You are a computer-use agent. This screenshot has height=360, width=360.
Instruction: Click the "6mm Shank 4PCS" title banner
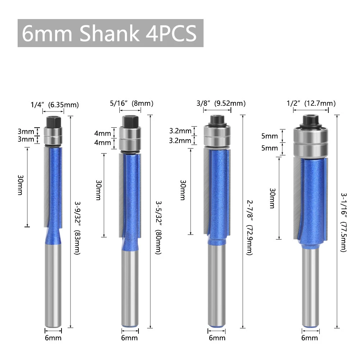coord(110,33)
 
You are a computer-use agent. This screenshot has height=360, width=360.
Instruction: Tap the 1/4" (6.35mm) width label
coord(55,105)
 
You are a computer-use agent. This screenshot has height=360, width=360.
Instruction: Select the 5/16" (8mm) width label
coord(132,103)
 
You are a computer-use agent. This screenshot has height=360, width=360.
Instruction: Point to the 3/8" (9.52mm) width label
coord(221,103)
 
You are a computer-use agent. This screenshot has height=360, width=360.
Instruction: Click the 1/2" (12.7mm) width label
coord(311,103)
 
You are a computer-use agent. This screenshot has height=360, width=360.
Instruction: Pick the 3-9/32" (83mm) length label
coord(77,228)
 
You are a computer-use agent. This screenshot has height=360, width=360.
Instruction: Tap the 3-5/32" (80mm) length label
coord(159,228)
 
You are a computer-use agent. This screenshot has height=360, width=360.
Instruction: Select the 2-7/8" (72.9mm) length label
coord(250,228)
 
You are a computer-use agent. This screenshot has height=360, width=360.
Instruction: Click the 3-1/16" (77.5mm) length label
coord(343,222)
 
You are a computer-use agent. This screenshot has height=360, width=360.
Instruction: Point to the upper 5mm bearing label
coord(269,136)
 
